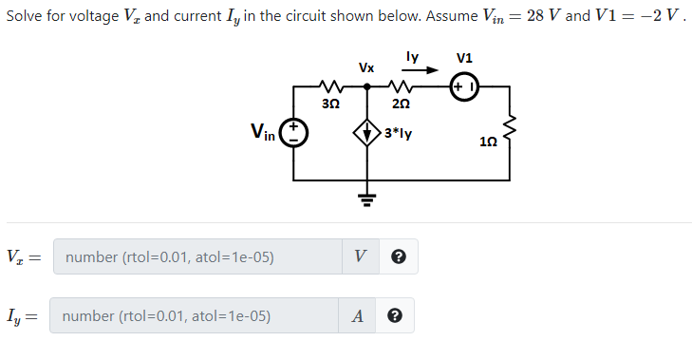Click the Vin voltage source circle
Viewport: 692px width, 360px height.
tap(293, 133)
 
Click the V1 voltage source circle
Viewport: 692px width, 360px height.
tap(467, 87)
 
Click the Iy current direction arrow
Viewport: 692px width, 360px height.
tap(423, 70)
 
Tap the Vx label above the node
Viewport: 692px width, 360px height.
tap(365, 67)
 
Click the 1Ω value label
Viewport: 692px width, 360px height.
tap(487, 142)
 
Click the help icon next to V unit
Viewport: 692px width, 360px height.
tap(399, 256)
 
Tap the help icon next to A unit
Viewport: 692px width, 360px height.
tap(394, 316)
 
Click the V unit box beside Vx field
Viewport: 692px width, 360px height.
tap(360, 256)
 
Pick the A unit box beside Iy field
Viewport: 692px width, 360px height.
tap(355, 316)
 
